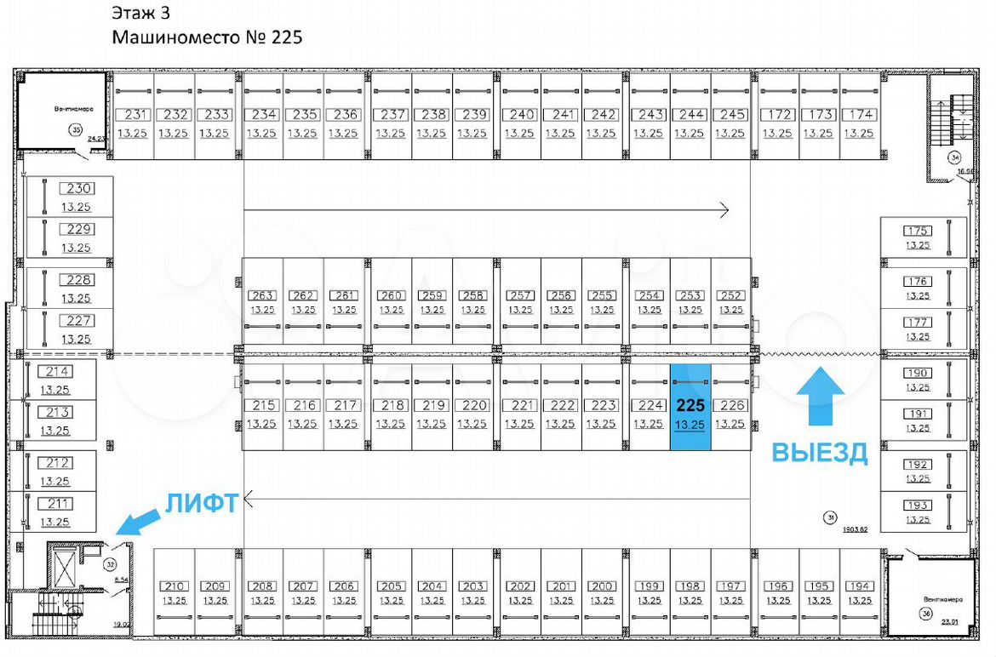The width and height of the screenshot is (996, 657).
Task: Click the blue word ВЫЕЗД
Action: click(x=820, y=453)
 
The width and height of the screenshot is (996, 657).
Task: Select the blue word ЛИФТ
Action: click(x=200, y=503)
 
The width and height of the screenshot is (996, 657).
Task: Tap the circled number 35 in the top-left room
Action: click(x=76, y=130)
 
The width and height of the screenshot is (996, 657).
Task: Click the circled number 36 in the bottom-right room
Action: click(x=925, y=614)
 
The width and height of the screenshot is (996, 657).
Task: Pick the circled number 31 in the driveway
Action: click(x=830, y=517)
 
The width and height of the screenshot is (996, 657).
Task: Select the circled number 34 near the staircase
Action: click(x=954, y=157)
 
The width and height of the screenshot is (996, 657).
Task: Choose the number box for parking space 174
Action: click(x=861, y=114)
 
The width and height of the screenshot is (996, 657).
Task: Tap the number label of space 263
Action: click(x=262, y=295)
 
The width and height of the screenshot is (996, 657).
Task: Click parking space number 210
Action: click(x=175, y=586)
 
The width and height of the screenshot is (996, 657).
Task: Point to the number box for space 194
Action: click(x=860, y=586)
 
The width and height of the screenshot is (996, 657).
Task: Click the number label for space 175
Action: click(x=918, y=231)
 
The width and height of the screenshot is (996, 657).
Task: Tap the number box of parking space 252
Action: click(x=730, y=295)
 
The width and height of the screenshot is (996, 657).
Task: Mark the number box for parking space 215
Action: click(x=262, y=406)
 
